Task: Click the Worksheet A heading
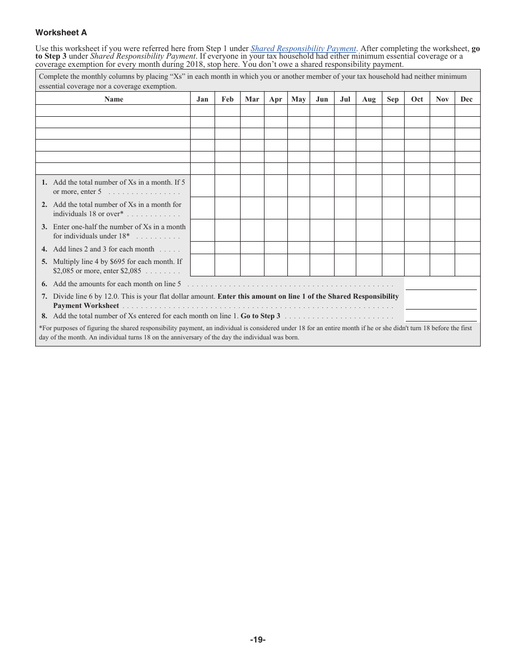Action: (x=61, y=33)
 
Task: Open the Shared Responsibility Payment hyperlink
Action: (x=303, y=48)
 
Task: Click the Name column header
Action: (x=114, y=99)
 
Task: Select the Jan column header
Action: (x=202, y=99)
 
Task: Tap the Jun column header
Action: (x=322, y=99)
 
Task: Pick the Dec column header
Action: (x=467, y=99)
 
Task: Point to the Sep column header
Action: (x=393, y=99)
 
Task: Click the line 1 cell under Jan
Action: (x=202, y=186)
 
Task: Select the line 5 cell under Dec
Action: (x=467, y=265)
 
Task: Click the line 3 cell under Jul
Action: (x=345, y=230)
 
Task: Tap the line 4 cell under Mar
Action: (x=252, y=248)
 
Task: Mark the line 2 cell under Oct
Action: (x=417, y=208)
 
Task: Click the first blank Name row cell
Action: (x=113, y=111)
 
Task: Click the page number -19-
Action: (x=257, y=640)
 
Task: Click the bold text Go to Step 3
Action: (x=260, y=316)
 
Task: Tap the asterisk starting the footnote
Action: (x=41, y=329)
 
